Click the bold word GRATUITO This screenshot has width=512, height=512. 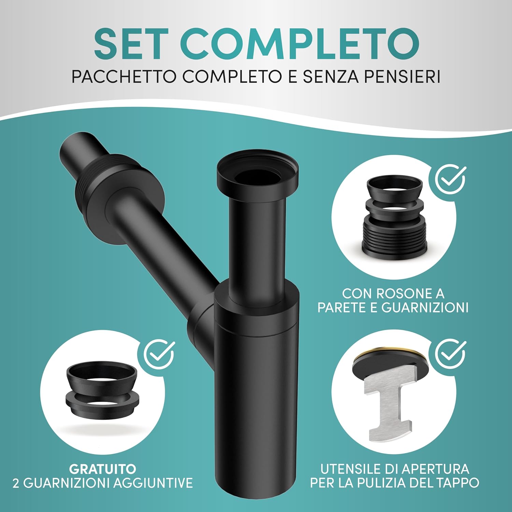102,469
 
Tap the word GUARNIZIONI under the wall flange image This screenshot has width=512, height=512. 425,308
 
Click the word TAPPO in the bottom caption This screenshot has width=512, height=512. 457,483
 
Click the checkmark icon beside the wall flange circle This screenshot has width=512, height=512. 451,179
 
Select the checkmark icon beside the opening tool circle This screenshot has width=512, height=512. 451,354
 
